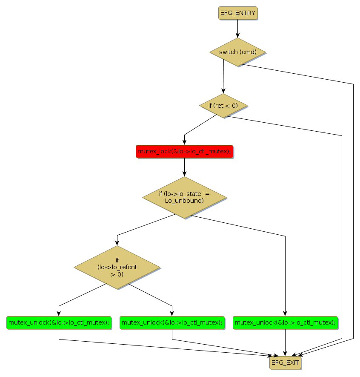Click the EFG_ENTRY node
tap(238, 13)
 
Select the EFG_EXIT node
tap(285, 363)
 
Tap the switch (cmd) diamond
tap(237, 52)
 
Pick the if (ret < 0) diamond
tap(223, 105)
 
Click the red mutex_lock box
tap(184, 151)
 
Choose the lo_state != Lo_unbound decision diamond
tap(184, 197)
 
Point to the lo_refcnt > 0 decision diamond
tap(117, 267)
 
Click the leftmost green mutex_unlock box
tap(59, 322)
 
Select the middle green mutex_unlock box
tap(172, 322)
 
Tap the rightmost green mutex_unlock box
tap(285, 322)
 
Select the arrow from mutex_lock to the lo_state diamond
tap(184, 167)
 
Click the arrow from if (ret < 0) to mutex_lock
tap(200, 125)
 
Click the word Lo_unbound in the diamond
tap(184, 201)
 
